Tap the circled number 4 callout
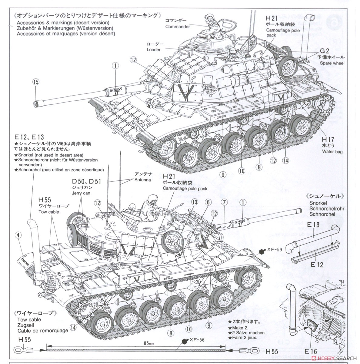[x=18, y=234]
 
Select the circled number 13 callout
[x=195, y=202]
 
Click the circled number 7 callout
[x=224, y=202]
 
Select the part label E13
[x=313, y=225]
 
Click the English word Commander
[x=178, y=27]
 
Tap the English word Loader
[x=154, y=49]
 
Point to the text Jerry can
[x=81, y=193]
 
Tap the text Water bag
[x=332, y=151]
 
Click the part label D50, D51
[x=86, y=181]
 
